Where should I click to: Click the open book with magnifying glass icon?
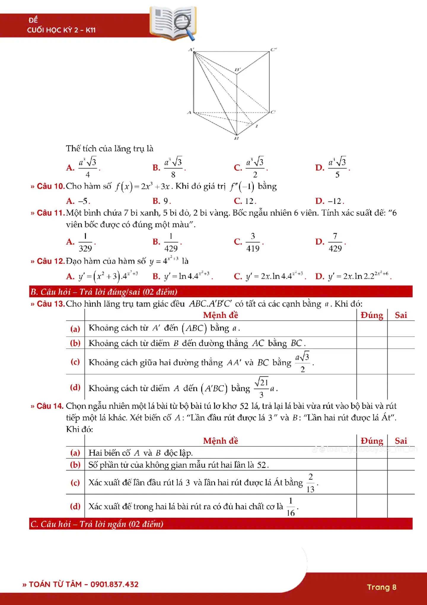coord(173,23)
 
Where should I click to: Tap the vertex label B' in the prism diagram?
coord(238,70)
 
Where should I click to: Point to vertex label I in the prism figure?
coord(257,126)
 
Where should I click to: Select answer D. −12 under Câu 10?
coord(330,201)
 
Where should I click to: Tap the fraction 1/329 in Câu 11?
coord(85,242)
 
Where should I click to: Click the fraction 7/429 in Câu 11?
coord(335,242)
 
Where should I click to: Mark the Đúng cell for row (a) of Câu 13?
coord(372,329)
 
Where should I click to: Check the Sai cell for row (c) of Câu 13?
coord(401,362)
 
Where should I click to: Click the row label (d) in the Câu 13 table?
coord(75,387)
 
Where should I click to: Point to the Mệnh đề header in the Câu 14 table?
coord(221,441)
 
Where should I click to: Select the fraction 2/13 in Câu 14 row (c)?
coord(310,483)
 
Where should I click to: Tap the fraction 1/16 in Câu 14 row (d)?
coord(291,507)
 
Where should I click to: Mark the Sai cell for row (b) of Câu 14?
coord(401,465)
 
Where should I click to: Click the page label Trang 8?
coord(382,587)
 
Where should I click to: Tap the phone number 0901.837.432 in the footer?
coord(114,584)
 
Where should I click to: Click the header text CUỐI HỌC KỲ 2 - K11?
coord(61,30)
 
